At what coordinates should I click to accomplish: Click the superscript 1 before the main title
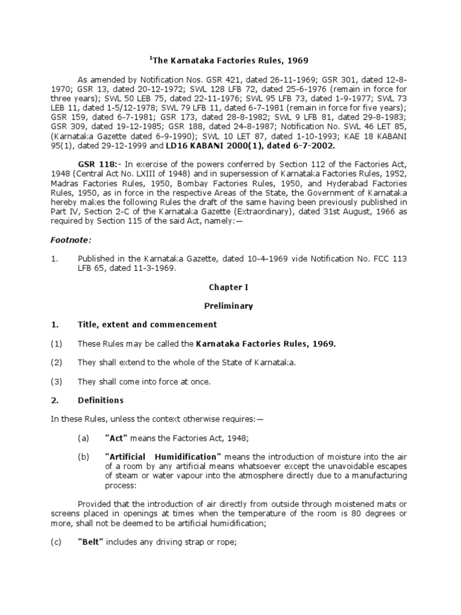(x=150, y=57)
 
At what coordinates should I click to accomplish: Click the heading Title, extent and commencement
(x=147, y=324)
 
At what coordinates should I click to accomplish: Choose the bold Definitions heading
(x=101, y=400)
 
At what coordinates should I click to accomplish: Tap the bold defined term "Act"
(x=116, y=438)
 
